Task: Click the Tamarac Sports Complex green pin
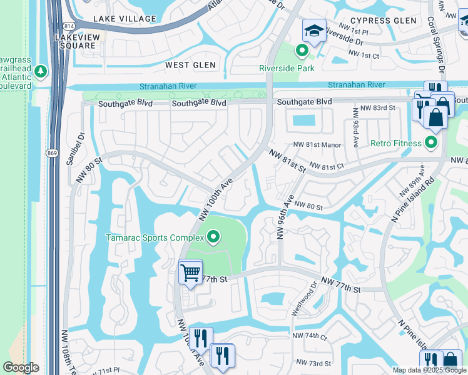coord(213,237)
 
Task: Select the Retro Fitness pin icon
coord(430,143)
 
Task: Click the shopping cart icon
coord(190,272)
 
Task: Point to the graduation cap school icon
coord(314,31)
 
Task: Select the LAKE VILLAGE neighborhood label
coord(124,19)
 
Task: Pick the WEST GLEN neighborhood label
coord(190,65)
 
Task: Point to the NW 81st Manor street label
coord(318,145)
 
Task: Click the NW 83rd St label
coord(379,108)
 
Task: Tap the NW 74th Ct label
coord(309,336)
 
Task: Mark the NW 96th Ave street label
coord(285,219)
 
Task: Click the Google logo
coord(21,367)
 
